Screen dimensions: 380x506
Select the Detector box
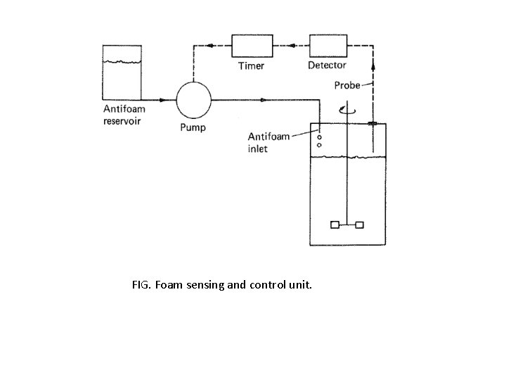tap(327, 46)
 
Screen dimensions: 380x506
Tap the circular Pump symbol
tap(193, 100)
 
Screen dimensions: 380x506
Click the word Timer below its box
tap(251, 65)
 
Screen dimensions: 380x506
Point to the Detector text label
tap(327, 65)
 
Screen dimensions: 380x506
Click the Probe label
tap(347, 85)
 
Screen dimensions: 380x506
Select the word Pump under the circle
tap(193, 128)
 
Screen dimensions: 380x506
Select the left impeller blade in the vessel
tap(335, 225)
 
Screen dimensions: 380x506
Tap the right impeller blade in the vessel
tap(359, 225)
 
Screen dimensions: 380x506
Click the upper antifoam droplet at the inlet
tap(319, 137)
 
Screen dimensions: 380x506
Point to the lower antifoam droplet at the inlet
tap(319, 145)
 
